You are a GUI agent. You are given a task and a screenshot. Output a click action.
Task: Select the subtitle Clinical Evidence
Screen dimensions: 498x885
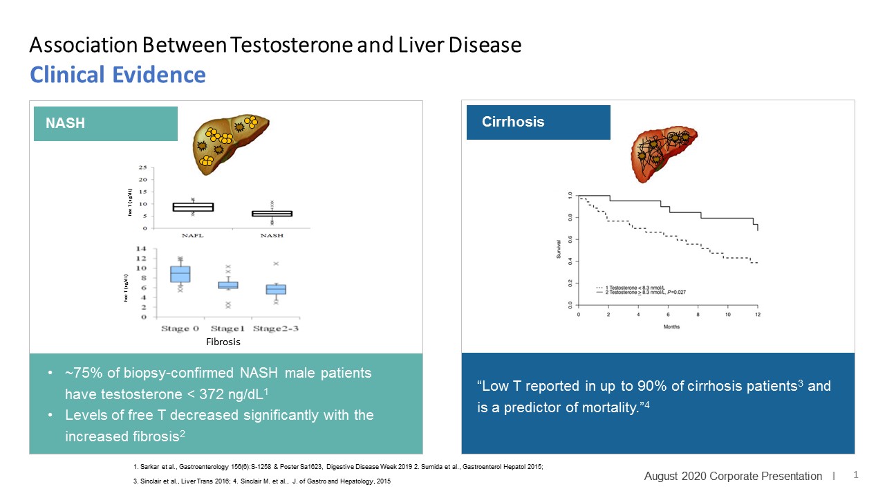(118, 75)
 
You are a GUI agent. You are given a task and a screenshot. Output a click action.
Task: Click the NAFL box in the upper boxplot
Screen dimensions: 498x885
(193, 207)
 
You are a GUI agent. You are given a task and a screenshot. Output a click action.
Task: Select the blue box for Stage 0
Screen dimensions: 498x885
(180, 274)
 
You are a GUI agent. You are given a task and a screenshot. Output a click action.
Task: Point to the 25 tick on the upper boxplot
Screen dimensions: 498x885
(142, 168)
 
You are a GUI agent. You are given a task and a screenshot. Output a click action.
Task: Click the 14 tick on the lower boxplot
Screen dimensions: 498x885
(142, 249)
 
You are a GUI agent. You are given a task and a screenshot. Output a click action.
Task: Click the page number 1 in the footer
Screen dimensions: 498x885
(856, 475)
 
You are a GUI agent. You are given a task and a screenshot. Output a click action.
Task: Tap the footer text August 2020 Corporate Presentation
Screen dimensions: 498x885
(733, 476)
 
